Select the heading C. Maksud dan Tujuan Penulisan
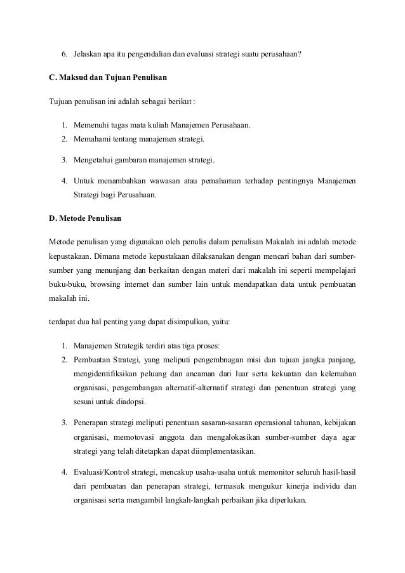point(108,77)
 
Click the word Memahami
point(90,138)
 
